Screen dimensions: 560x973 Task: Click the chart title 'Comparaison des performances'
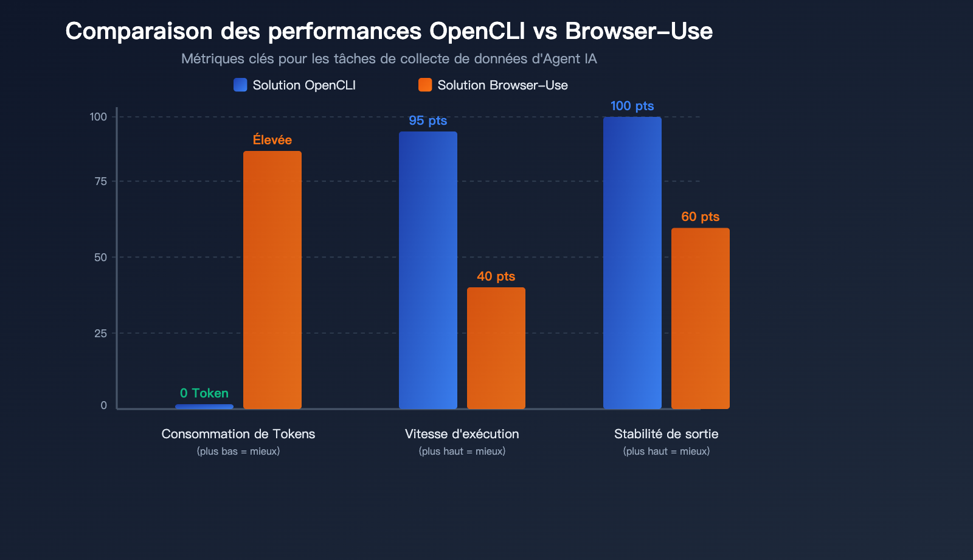389,31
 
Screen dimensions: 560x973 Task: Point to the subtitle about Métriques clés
389,59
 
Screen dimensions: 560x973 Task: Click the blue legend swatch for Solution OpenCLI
240,85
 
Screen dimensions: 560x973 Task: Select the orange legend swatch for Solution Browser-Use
425,85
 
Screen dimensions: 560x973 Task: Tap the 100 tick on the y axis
99,117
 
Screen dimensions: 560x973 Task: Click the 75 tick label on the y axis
100,181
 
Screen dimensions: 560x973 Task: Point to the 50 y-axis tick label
100,257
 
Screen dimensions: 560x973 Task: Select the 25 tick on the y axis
100,334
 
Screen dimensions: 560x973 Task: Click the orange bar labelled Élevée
272,280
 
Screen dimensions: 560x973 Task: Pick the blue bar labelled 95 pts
428,270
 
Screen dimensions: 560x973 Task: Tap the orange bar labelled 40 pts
496,348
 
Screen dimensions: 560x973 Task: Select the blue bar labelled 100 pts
632,263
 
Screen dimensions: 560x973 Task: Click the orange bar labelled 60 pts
701,318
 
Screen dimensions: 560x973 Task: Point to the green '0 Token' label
204,393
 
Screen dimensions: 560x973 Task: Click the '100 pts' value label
632,106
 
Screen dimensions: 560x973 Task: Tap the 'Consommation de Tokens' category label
238,434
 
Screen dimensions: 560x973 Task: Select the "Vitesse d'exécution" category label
462,434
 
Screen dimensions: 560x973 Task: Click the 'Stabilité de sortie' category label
667,434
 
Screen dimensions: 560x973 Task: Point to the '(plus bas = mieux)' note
238,452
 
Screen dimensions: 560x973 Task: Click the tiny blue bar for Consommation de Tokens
204,407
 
